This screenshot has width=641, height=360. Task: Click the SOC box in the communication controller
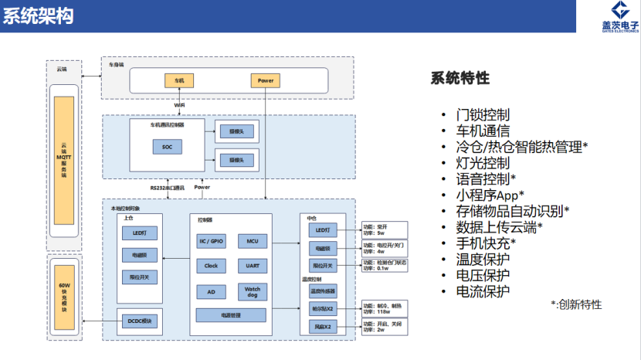tap(168, 146)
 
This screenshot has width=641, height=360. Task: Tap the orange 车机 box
tap(179, 80)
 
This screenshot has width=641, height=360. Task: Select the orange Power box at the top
tap(264, 80)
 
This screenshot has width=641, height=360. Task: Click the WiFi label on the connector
tap(179, 104)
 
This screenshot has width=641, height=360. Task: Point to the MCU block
tap(252, 241)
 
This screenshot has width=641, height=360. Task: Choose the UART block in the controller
tap(252, 266)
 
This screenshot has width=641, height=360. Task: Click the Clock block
tap(211, 266)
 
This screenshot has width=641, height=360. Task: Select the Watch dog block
tap(252, 290)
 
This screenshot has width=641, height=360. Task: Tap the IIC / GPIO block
tap(211, 241)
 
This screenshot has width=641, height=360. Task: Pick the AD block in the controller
tap(211, 291)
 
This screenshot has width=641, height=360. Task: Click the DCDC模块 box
tap(139, 320)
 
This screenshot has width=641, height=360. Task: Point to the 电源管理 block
tap(231, 315)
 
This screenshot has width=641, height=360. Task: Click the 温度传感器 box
tap(322, 291)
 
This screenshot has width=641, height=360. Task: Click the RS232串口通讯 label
tap(167, 187)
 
